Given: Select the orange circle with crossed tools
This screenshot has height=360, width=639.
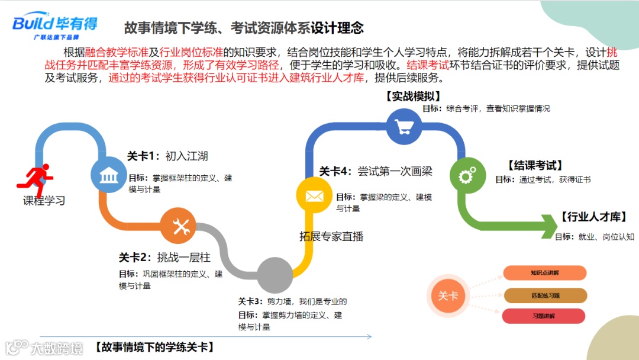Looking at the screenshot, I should coord(178,226).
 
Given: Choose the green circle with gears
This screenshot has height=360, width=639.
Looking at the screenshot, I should coord(467,175).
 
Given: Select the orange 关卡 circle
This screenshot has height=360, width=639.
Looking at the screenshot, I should coord(448,295).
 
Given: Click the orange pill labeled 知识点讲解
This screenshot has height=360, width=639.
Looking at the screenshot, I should coord(544,273).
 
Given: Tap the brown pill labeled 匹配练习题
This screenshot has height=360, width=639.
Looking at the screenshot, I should coord(544,295).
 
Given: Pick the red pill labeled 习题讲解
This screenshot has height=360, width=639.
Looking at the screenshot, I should coord(544,316).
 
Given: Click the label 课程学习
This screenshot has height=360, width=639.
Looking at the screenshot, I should coord(44,201).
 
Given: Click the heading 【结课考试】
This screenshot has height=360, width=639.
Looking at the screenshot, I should coord(535,165).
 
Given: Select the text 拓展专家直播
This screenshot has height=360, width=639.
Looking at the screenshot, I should coord(331,237).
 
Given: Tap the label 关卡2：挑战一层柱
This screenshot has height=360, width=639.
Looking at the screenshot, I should coord(164,258).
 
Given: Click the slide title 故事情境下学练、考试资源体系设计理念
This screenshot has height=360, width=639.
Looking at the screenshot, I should coord(244,28).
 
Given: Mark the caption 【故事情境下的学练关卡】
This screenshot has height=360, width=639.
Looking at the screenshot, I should coord(154,348).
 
